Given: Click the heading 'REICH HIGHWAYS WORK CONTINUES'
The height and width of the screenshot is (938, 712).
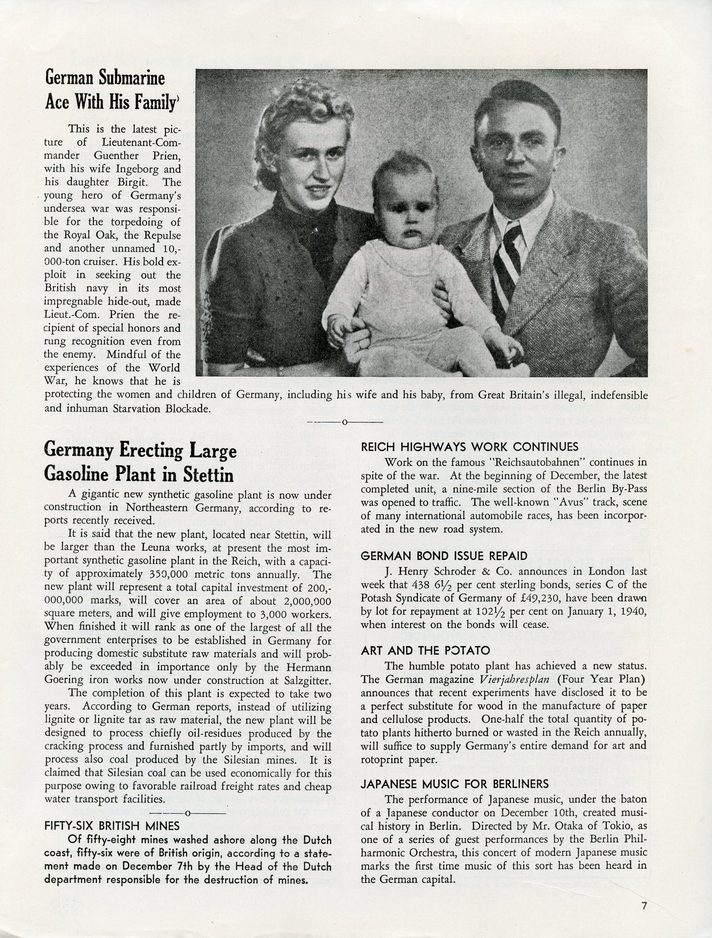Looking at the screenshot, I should (469, 447).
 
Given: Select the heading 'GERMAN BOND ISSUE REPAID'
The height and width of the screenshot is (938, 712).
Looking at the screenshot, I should (444, 556).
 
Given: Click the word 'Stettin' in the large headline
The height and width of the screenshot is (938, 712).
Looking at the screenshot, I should (209, 475).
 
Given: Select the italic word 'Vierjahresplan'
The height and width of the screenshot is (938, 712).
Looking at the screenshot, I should (514, 679).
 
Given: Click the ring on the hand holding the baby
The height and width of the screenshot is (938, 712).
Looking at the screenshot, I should (360, 346).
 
